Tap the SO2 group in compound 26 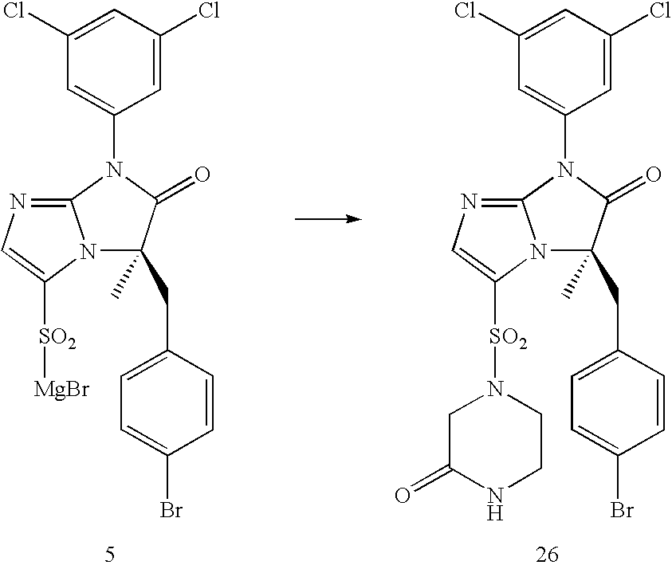coord(505,342)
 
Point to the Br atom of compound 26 coord(623,508)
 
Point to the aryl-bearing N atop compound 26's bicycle coord(567,169)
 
